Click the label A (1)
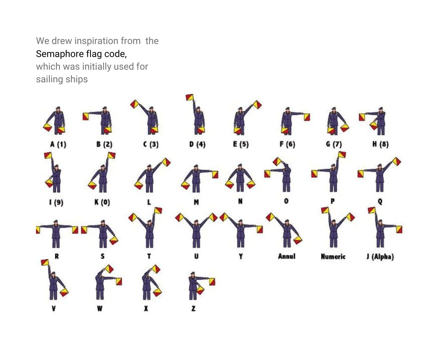point(58,144)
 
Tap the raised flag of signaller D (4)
point(190,97)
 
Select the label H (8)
point(380,144)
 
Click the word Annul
point(287,256)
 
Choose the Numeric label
point(333,257)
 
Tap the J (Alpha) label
point(380,257)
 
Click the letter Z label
point(194,309)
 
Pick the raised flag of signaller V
point(45,263)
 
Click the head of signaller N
point(240,166)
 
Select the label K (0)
point(102,202)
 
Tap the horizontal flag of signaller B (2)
point(86,116)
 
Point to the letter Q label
point(380,201)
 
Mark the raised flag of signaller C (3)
point(135,104)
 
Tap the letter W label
point(100,309)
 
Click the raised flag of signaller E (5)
point(257,105)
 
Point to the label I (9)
point(56,202)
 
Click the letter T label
point(149,256)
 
